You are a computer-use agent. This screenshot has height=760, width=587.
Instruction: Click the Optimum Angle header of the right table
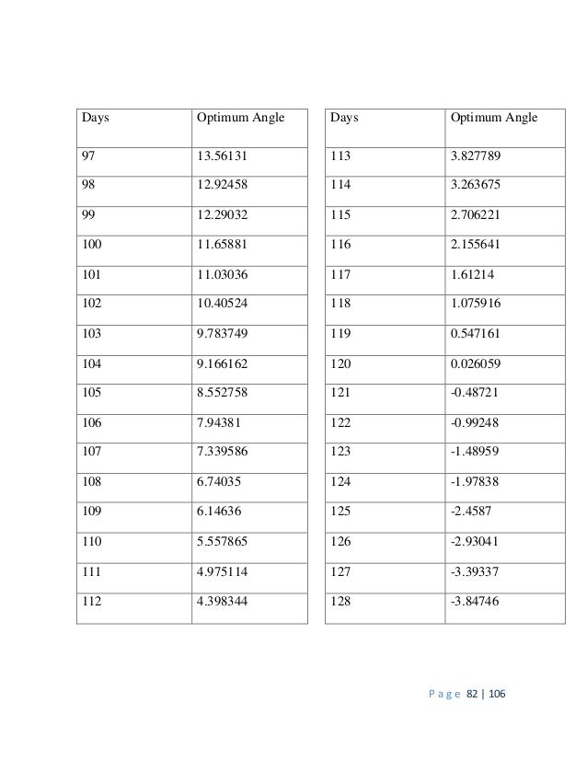(x=492, y=118)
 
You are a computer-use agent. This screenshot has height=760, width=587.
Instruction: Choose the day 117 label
(x=342, y=275)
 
